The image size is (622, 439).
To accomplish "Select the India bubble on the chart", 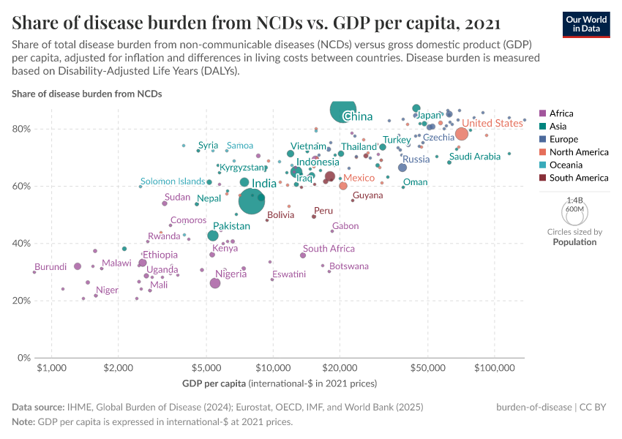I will click(x=252, y=199).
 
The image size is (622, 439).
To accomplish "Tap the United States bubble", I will click(x=461, y=134).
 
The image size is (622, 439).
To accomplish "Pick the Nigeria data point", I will click(x=215, y=283).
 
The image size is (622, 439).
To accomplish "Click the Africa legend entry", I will click(x=561, y=113).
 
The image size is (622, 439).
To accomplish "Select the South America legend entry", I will click(x=578, y=178).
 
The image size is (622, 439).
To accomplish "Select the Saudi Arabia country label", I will click(x=475, y=157).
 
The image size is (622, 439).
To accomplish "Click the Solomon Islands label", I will click(x=173, y=181).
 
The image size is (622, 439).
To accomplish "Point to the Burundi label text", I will click(x=50, y=266).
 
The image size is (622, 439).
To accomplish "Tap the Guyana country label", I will click(x=368, y=195).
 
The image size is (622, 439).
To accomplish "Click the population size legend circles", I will click(x=574, y=212).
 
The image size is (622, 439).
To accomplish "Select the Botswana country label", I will click(x=349, y=266).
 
